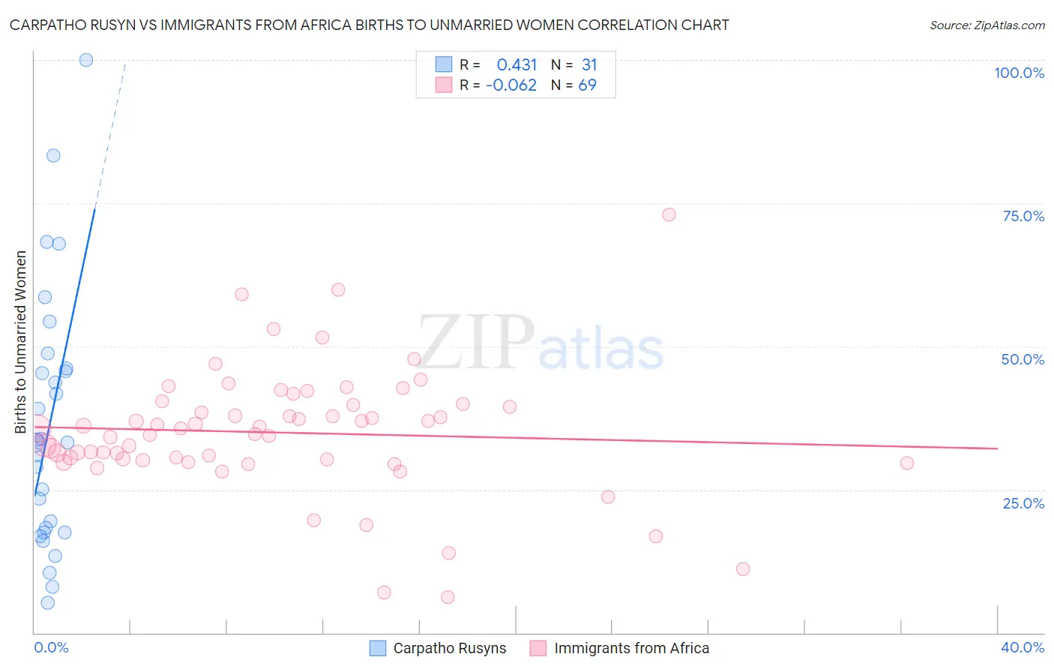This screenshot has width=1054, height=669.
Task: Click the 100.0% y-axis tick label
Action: point(1019,73)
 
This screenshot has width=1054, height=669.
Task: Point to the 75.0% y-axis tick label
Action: point(1023,216)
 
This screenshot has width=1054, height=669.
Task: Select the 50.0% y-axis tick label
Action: point(1023,359)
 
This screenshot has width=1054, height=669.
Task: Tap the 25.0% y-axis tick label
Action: point(1023,502)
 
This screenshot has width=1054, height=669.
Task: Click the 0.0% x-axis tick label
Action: point(51,647)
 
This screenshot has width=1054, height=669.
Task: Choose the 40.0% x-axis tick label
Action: point(1022,647)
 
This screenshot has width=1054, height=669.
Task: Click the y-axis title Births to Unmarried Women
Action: point(20,342)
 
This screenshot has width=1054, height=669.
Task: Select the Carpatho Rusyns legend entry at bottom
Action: point(439,648)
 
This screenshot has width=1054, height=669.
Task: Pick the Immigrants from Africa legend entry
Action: point(620,648)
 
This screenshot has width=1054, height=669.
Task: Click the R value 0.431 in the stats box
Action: point(517,64)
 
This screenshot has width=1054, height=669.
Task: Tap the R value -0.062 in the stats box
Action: point(511,85)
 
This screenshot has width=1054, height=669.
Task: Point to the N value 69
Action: point(587,85)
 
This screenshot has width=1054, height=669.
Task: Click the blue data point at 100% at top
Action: point(86,60)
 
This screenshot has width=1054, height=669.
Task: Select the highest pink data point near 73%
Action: point(669,214)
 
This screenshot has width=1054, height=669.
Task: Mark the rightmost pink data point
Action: point(906,463)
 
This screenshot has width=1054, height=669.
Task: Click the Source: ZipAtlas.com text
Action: point(987,25)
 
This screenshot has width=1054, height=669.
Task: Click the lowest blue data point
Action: point(47,602)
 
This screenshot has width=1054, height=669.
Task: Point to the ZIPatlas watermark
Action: point(540,343)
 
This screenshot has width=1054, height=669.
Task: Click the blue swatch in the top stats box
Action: point(444,64)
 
